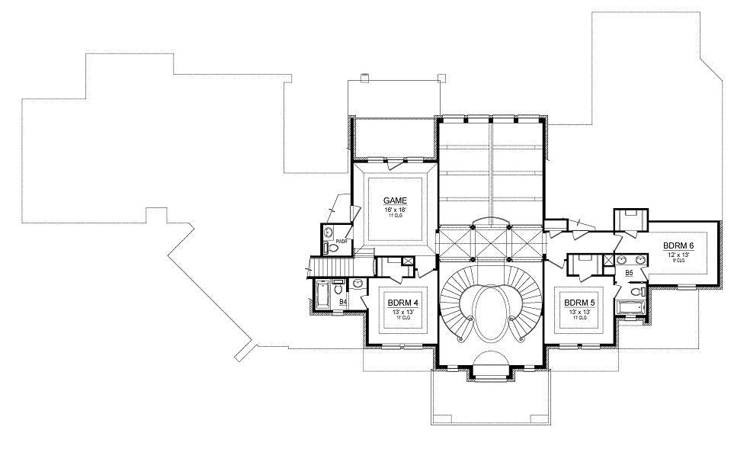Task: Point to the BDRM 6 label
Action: tap(678, 245)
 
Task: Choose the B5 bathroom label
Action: tap(630, 272)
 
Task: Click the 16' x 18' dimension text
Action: tap(395, 208)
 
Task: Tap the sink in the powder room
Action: tap(329, 232)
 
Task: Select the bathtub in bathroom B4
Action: tap(322, 293)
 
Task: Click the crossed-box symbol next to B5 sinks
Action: tap(608, 260)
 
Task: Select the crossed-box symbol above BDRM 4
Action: tap(409, 261)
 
